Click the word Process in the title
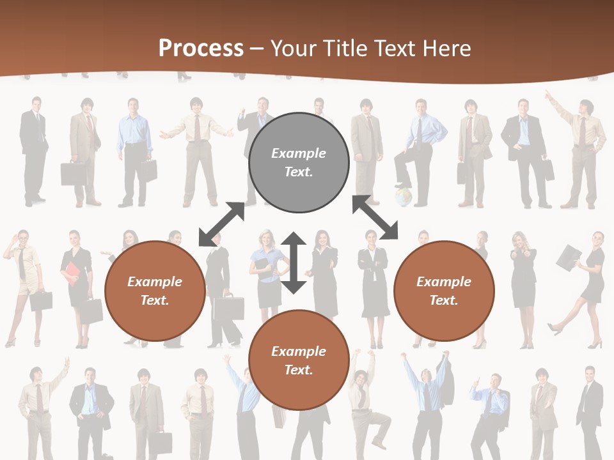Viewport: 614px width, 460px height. click(201, 49)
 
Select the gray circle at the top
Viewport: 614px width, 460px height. click(299, 162)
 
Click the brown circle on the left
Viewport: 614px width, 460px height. click(155, 291)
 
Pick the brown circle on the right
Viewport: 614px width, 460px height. click(444, 291)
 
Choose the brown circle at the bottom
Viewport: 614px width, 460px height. click(299, 360)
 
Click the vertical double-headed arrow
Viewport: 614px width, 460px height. click(294, 263)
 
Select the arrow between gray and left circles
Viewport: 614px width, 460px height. click(222, 224)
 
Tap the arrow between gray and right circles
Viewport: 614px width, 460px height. click(375, 218)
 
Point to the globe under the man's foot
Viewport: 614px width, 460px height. click(403, 196)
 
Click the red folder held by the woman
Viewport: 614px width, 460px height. click(70, 273)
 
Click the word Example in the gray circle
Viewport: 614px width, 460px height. click(299, 153)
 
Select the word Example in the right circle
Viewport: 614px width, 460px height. click(444, 282)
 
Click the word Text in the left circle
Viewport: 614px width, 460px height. click(154, 300)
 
